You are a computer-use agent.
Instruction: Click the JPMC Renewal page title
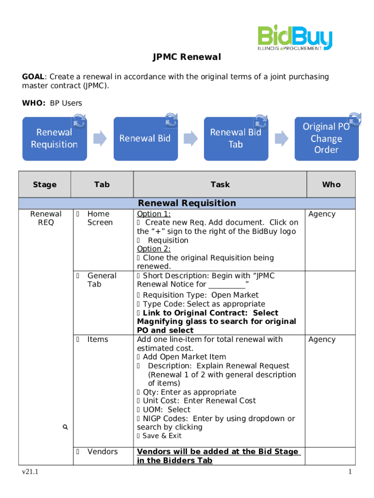[187, 57]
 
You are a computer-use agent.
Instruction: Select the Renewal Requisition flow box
[54, 139]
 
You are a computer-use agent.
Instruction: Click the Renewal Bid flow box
[145, 139]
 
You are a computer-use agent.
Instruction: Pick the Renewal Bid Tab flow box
[236, 139]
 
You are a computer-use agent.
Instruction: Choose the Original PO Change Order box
[326, 139]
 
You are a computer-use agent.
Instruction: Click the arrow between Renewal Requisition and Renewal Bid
[100, 138]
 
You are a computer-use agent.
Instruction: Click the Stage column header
[45, 185]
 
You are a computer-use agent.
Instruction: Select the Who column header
[331, 185]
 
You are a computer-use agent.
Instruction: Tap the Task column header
[220, 185]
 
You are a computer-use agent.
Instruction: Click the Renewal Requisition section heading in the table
[187, 203]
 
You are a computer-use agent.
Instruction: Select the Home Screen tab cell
[100, 218]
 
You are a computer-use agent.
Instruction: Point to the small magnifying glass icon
[65, 427]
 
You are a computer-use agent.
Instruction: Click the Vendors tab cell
[102, 452]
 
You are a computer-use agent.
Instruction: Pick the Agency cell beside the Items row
[322, 339]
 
